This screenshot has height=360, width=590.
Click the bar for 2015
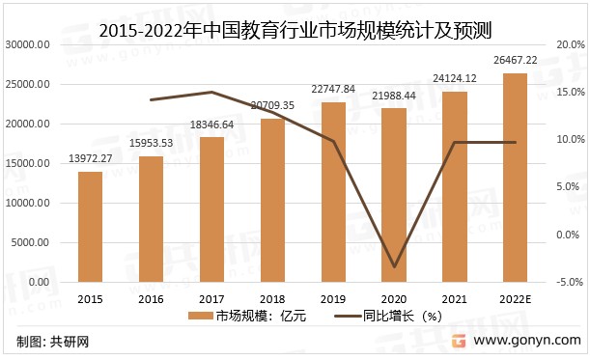(90, 226)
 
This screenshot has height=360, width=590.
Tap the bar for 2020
(394, 194)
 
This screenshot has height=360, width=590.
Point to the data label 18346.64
(211, 125)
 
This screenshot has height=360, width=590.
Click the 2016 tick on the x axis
(151, 298)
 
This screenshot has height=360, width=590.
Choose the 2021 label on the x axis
(455, 298)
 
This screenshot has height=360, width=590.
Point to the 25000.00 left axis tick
(27, 85)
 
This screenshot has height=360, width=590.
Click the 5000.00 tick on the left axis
(30, 242)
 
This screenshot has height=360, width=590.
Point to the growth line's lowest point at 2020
(394, 266)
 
